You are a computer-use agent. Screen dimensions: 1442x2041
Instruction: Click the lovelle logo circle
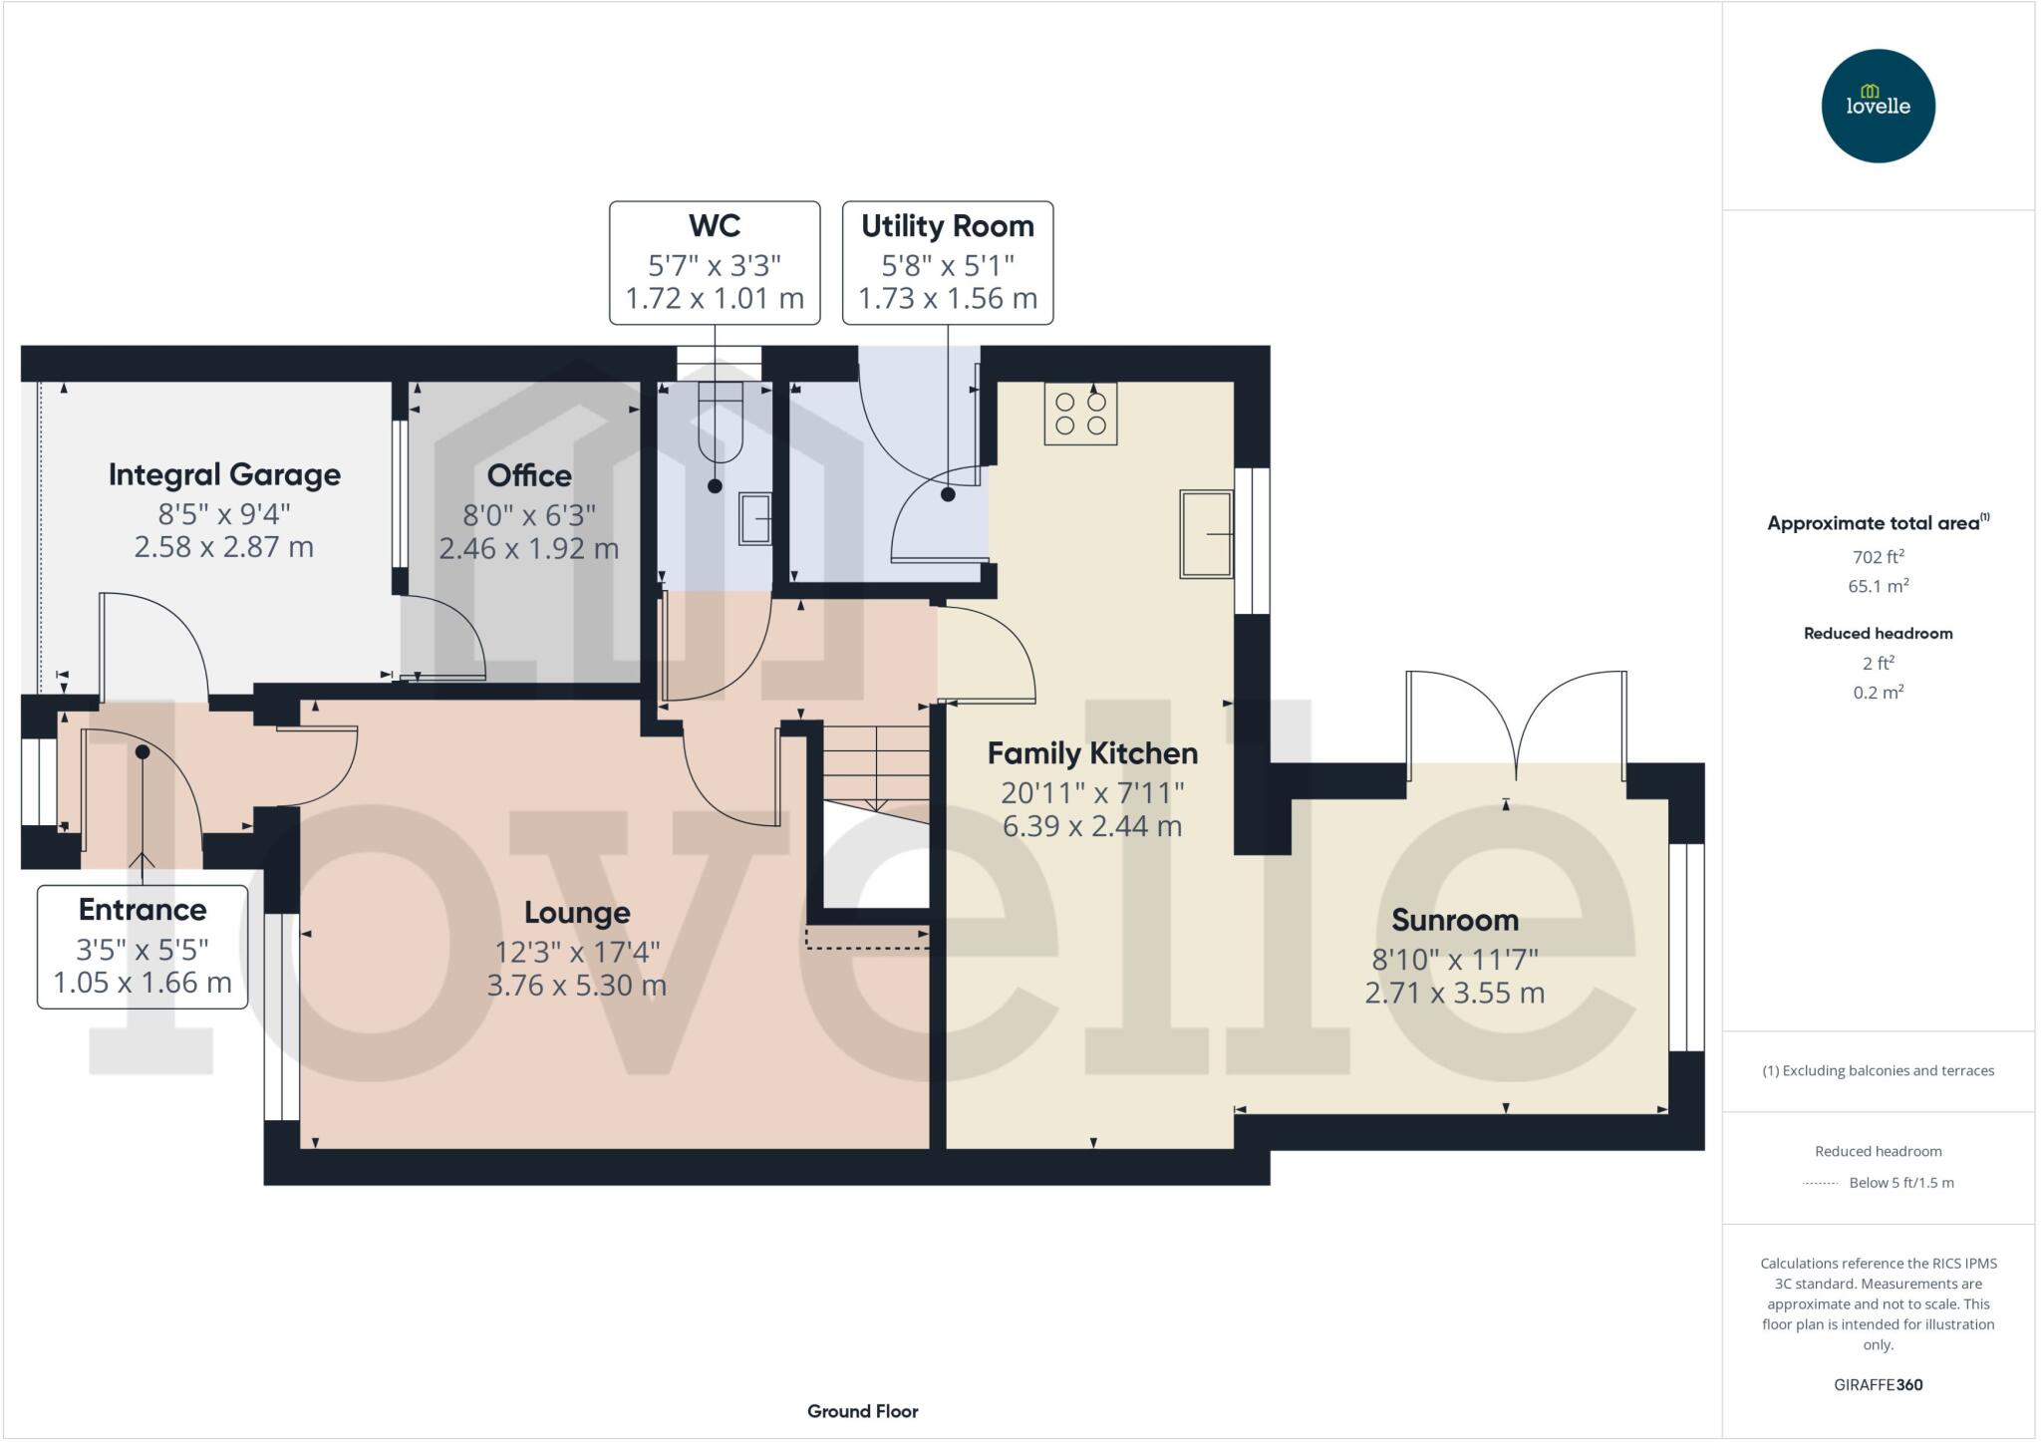click(1878, 106)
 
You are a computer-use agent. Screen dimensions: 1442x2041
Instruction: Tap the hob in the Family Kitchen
click(1080, 414)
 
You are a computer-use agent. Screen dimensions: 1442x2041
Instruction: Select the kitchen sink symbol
click(1206, 534)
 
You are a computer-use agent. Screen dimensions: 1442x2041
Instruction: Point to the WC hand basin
click(754, 518)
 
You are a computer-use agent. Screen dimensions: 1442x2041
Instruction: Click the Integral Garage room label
click(224, 475)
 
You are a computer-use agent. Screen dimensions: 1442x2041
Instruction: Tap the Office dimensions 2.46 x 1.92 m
click(529, 549)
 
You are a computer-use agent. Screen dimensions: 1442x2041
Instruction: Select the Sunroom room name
click(1454, 920)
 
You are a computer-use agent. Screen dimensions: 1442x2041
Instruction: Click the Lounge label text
click(577, 913)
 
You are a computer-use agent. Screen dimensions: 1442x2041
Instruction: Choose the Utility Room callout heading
click(947, 227)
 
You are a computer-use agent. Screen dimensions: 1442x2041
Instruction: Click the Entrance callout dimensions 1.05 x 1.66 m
click(143, 984)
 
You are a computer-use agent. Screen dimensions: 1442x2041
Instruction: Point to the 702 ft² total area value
click(1878, 557)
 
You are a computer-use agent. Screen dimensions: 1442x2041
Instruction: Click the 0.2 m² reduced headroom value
click(1878, 693)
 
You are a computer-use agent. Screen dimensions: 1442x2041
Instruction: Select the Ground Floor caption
click(862, 1411)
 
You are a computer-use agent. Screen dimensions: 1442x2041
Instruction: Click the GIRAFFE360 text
click(1878, 1384)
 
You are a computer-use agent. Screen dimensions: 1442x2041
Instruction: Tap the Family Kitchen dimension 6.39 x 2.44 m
click(1092, 827)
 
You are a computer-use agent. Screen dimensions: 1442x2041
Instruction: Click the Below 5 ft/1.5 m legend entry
click(1900, 1183)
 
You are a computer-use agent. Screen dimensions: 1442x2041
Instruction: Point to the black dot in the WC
click(715, 486)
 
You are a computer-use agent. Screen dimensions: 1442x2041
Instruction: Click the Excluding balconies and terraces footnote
click(1878, 1071)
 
